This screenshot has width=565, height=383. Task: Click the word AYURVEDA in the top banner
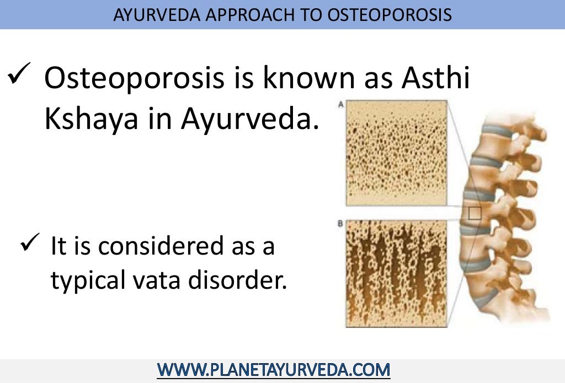tap(156, 15)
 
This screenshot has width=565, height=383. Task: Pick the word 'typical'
tap(88, 281)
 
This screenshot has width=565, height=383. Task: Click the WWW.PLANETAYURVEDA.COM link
tap(274, 369)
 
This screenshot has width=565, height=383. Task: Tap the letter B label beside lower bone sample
tap(341, 223)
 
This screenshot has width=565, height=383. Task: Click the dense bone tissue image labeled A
tap(396, 153)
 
